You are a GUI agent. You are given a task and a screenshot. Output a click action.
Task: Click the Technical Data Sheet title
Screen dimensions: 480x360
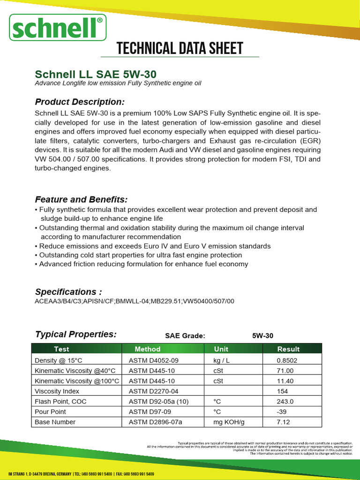click(x=180, y=48)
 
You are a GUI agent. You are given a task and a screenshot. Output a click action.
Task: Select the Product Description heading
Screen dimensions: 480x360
click(x=80, y=102)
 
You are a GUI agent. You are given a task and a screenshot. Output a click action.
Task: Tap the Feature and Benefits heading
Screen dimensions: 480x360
click(x=82, y=199)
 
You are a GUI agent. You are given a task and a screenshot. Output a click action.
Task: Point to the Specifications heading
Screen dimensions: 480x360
click(x=68, y=292)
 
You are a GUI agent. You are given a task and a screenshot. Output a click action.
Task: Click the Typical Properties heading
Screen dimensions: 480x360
click(x=76, y=334)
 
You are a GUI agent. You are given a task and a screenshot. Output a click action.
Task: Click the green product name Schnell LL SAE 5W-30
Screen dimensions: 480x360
click(x=96, y=75)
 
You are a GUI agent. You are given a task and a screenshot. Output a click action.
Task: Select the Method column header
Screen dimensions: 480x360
click(x=147, y=349)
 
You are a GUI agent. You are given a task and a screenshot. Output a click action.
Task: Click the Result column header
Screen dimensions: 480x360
click(x=288, y=349)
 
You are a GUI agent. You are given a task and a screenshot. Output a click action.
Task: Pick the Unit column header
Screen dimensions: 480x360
click(x=221, y=349)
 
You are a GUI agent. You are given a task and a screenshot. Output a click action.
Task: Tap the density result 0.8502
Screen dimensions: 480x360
click(x=287, y=360)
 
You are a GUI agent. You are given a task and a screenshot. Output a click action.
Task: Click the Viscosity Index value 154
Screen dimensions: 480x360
click(x=282, y=391)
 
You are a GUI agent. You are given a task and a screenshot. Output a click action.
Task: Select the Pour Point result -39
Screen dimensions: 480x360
click(x=282, y=412)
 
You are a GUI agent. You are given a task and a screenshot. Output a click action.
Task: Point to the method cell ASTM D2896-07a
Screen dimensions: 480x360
click(x=155, y=422)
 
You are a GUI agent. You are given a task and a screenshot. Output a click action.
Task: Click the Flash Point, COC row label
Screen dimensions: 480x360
click(x=60, y=401)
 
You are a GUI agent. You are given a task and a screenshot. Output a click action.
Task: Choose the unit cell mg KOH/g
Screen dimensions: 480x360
click(x=229, y=422)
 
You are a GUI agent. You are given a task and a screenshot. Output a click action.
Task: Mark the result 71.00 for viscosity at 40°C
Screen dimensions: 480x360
click(x=285, y=370)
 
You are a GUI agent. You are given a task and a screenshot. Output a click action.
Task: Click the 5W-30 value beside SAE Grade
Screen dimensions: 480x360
click(x=262, y=336)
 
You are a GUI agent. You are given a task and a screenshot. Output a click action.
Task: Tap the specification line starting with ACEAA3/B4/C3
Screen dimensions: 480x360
click(x=135, y=301)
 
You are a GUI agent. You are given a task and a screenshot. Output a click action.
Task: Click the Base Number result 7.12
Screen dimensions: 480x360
click(x=284, y=422)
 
